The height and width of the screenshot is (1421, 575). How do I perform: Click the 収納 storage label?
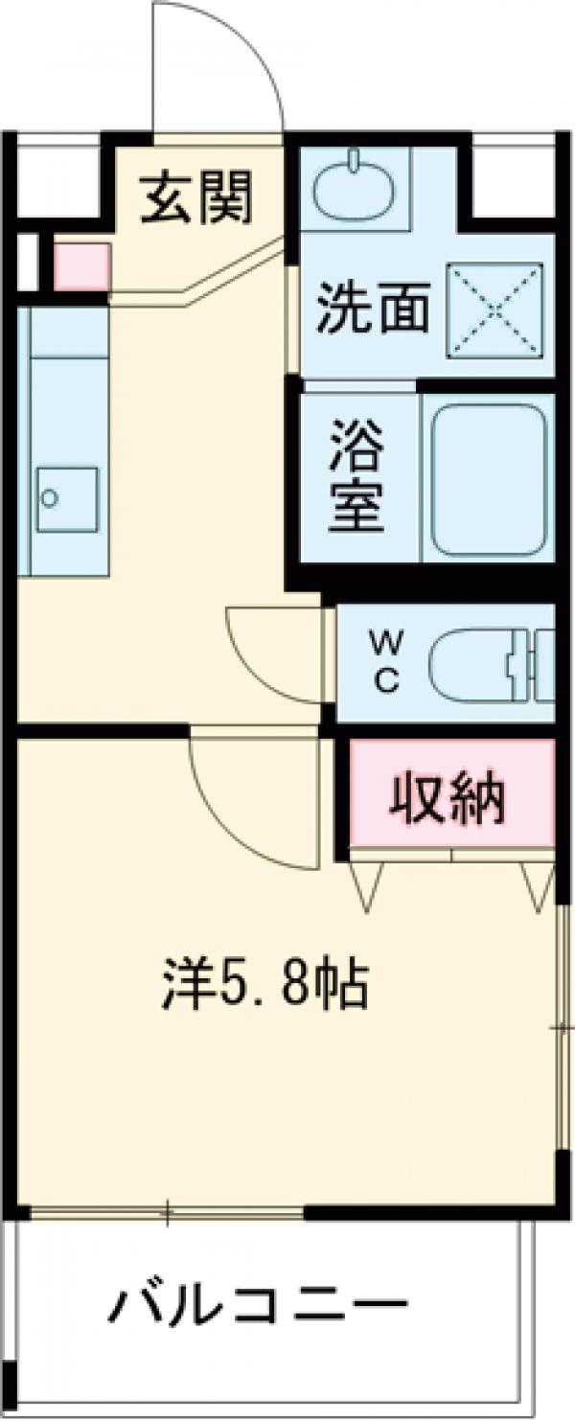(x=447, y=792)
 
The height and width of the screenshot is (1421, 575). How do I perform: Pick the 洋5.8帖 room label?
(x=264, y=985)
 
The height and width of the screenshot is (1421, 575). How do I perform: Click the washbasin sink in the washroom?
(x=355, y=186)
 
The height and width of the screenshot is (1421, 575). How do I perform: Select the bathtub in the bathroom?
(x=486, y=478)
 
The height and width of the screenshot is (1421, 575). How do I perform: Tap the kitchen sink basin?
(x=67, y=499)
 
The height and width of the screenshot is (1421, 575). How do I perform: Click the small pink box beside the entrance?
(x=80, y=266)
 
